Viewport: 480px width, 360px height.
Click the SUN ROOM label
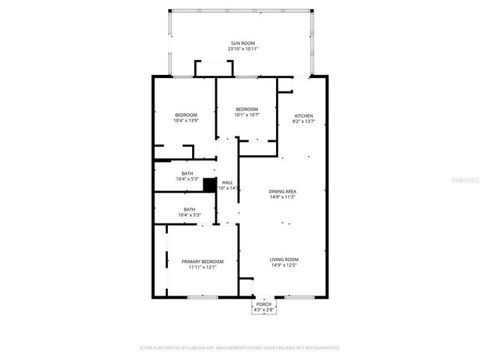coord(242,43)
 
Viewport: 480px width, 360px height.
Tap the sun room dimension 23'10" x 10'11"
coord(242,49)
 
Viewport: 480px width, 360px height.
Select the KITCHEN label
coord(303,115)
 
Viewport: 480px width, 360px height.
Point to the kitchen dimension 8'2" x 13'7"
coord(303,121)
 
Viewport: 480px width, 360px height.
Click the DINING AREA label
coord(282,192)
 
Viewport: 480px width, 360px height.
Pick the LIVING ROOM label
coord(284,259)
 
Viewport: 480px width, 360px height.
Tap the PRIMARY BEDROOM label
coord(202,262)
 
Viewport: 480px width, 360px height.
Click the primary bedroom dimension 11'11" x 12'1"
coord(202,267)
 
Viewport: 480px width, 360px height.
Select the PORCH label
coord(262,304)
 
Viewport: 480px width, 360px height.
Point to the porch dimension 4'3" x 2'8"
coord(262,309)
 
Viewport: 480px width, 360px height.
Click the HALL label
coord(227,182)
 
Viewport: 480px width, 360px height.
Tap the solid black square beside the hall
coord(209,184)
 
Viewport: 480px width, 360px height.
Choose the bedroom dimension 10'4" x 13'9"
coord(185,121)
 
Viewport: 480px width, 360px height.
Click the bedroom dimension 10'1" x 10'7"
coord(247,115)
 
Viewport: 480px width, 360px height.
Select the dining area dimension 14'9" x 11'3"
coord(282,197)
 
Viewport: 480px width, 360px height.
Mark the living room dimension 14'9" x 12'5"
coord(284,265)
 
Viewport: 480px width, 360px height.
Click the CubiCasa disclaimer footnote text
coord(240,348)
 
